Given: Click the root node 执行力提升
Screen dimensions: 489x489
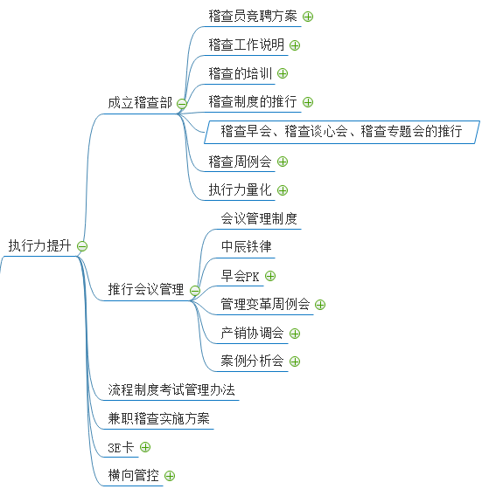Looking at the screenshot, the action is tap(39, 245).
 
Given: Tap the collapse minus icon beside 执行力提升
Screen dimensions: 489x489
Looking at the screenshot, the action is tap(82, 246).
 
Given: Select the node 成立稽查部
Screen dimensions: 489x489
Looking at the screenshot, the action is tap(140, 103).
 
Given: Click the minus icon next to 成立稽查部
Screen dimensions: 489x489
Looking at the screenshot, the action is tap(182, 104).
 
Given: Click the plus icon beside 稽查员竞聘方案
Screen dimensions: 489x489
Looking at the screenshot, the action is tap(308, 17).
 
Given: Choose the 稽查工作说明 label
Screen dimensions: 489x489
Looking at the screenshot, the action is tap(246, 45).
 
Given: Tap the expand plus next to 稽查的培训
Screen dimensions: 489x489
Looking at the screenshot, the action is tap(283, 73).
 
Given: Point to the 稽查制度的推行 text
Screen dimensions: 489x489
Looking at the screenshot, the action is tap(253, 101).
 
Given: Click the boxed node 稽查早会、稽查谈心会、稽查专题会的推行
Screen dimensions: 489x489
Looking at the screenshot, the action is tap(341, 131).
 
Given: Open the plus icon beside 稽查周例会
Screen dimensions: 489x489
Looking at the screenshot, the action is tap(283, 162).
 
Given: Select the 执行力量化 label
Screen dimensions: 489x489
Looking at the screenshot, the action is tap(240, 189).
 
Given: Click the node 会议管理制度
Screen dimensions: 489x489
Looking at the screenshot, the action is tap(259, 218).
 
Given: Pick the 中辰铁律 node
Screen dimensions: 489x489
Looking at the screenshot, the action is tap(246, 246).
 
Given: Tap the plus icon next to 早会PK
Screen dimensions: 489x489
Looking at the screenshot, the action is tap(270, 276).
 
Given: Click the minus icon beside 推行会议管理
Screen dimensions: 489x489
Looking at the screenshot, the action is tap(195, 291).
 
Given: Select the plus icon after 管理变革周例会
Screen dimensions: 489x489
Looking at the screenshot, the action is tap(320, 305).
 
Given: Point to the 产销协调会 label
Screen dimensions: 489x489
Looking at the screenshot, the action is tap(253, 333).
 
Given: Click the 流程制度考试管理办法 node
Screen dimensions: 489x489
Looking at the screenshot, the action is tap(171, 389).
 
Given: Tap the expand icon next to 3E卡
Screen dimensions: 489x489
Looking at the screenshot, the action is tap(145, 447).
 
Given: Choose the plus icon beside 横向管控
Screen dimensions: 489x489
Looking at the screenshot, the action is tap(170, 476).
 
